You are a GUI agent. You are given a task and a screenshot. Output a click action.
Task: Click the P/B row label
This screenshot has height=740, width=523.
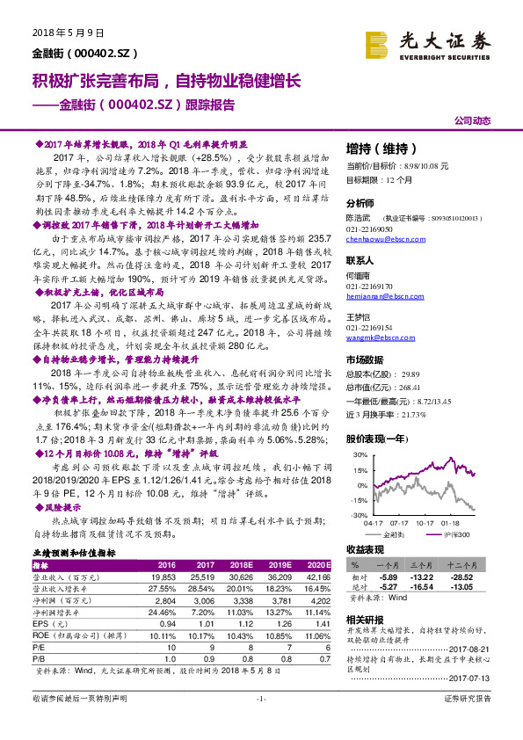tap(40, 657)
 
